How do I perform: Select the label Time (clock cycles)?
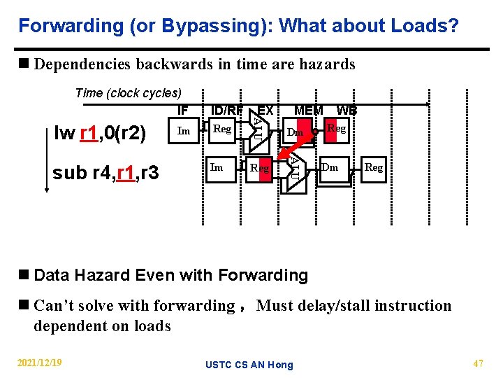point(128,93)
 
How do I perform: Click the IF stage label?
point(183,110)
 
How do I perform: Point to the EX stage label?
point(265,110)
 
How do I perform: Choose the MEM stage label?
point(309,110)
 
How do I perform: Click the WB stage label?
point(347,110)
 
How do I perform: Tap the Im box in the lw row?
point(184,131)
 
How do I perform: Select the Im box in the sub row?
point(217,167)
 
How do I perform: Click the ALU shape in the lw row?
point(257,131)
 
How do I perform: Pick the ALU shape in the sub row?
point(295,168)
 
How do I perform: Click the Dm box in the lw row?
point(296,132)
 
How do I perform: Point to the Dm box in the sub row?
point(330,167)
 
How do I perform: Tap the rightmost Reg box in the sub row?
point(374,167)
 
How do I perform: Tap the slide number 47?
point(479,363)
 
